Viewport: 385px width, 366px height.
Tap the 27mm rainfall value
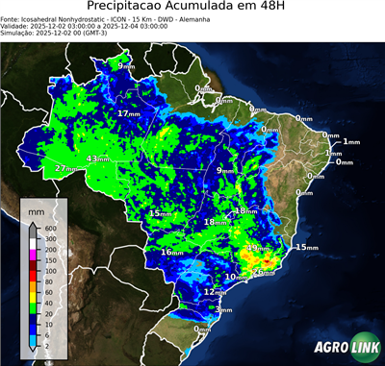64,169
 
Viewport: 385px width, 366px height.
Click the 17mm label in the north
126,113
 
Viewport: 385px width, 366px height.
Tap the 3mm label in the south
223,309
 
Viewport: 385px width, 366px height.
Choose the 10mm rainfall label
233,278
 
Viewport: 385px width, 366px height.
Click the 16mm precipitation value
171,252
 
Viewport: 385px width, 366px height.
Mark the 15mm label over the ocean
305,248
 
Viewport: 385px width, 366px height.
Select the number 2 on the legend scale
47,344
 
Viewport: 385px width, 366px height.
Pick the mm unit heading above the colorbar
37,208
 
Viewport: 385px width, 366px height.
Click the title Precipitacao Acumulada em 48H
192,8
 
